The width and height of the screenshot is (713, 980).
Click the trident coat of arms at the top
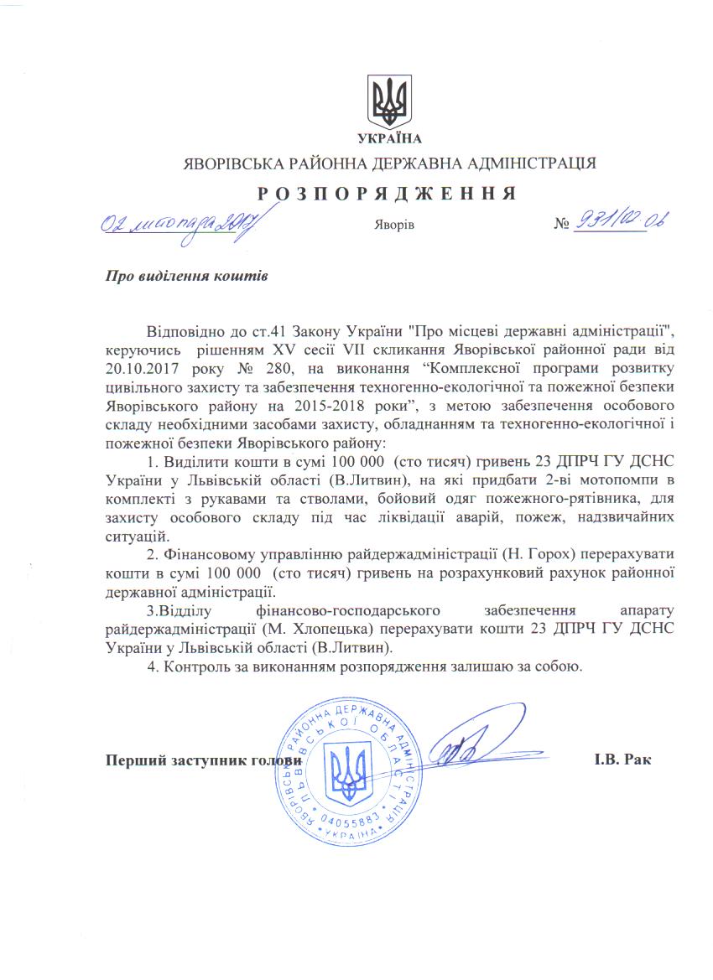coord(389,101)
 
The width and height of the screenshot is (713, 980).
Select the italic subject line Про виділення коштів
coord(186,274)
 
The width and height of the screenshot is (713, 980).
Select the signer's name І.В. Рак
coord(622,760)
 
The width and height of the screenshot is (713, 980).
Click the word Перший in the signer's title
coord(134,760)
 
